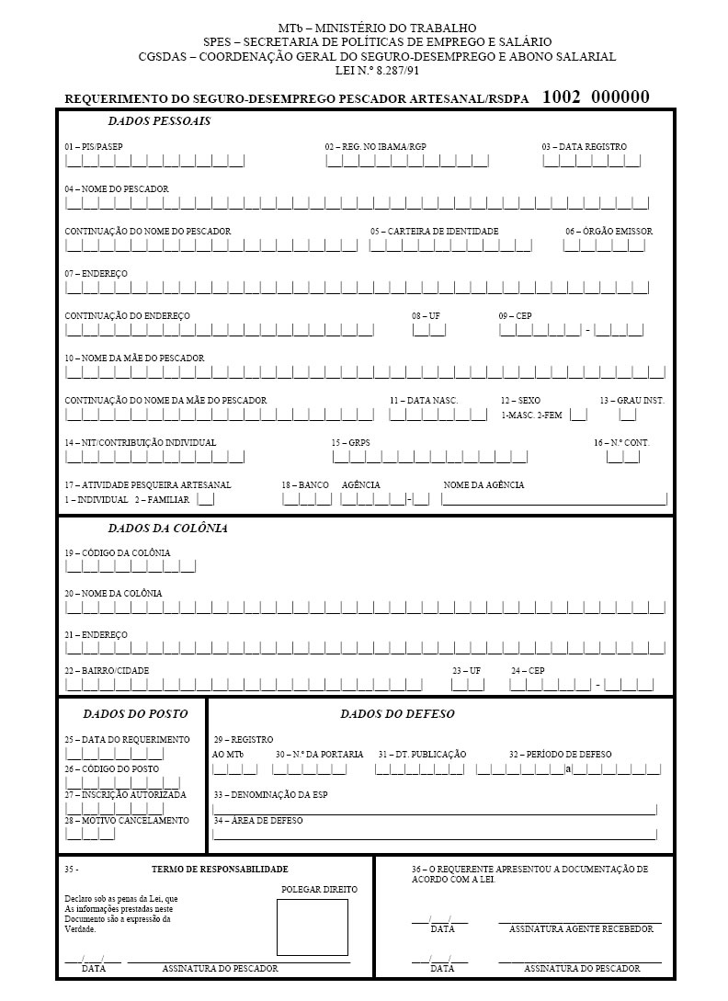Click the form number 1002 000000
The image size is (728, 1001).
point(597,97)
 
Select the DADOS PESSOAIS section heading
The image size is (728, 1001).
point(160,121)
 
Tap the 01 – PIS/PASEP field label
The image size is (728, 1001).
point(94,147)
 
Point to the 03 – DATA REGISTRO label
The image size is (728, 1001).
point(585,147)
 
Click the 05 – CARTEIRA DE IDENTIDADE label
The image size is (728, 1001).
point(435,231)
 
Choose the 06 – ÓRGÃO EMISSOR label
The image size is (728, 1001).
point(609,231)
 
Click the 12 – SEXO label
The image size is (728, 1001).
point(520,401)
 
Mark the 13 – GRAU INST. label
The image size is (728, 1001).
point(632,401)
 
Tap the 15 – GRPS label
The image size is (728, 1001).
point(351,443)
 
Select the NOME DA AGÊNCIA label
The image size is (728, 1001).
point(484,484)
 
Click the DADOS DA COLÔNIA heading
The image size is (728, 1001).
point(168,529)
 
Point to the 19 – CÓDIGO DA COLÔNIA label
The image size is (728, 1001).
point(118,552)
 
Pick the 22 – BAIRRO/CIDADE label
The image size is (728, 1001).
point(107,670)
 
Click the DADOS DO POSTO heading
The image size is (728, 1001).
point(135,713)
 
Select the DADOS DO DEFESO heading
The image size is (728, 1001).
point(397,713)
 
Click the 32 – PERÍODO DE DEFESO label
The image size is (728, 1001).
point(561,754)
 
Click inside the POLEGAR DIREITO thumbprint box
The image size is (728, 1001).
point(313,927)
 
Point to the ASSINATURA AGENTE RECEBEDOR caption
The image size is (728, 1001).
point(581,929)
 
